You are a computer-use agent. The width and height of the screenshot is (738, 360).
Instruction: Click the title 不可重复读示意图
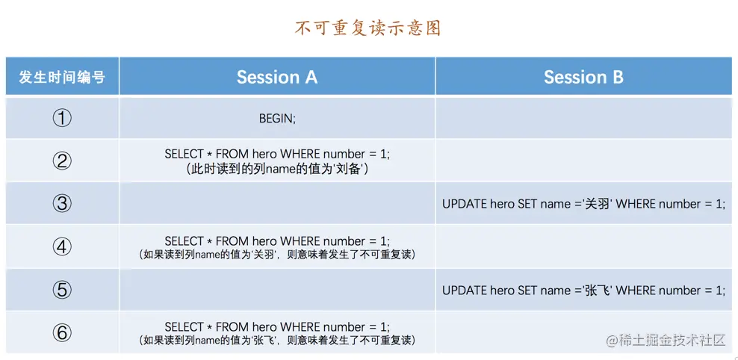(x=368, y=28)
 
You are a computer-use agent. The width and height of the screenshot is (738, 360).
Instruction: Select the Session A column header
(x=276, y=77)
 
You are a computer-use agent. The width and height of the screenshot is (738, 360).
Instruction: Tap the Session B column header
(x=583, y=77)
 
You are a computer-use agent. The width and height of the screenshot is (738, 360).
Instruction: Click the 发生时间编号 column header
(x=62, y=77)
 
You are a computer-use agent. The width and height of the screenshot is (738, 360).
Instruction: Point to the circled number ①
(x=62, y=118)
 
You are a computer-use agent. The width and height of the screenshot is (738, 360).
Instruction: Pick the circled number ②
(x=62, y=161)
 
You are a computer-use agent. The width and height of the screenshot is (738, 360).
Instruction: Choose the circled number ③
(x=62, y=203)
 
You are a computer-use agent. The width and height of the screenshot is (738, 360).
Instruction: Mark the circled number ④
(x=62, y=246)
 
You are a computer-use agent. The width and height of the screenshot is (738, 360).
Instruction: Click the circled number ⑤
(x=62, y=290)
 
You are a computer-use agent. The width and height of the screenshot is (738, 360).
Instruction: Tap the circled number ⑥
(x=62, y=332)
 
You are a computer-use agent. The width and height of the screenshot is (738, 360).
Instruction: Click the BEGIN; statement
(x=277, y=118)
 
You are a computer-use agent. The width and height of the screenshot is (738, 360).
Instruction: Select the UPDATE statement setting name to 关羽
(x=583, y=204)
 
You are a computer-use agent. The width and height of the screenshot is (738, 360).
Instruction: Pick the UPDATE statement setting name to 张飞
(x=583, y=291)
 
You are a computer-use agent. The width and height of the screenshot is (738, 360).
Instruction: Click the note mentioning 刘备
(x=277, y=169)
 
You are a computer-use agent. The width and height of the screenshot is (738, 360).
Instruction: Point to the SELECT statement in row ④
(x=277, y=240)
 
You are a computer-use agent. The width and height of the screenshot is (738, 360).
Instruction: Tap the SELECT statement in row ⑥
(x=277, y=326)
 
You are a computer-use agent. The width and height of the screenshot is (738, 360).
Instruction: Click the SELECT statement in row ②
(x=277, y=154)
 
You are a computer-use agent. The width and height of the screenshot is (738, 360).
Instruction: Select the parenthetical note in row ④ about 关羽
(x=277, y=255)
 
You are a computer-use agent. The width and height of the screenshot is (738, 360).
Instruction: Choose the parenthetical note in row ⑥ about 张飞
(x=277, y=341)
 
